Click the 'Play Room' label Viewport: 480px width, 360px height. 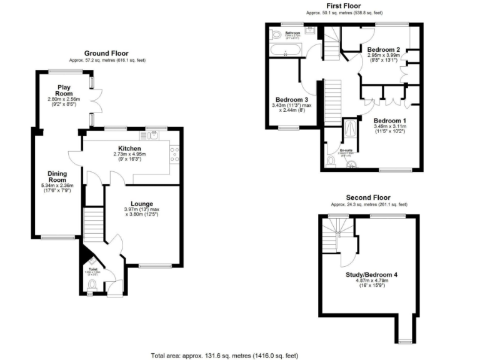tap(64, 91)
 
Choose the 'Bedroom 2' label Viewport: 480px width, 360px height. tap(383, 49)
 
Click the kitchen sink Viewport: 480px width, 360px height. tap(152, 134)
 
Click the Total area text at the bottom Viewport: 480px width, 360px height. tap(224, 355)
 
